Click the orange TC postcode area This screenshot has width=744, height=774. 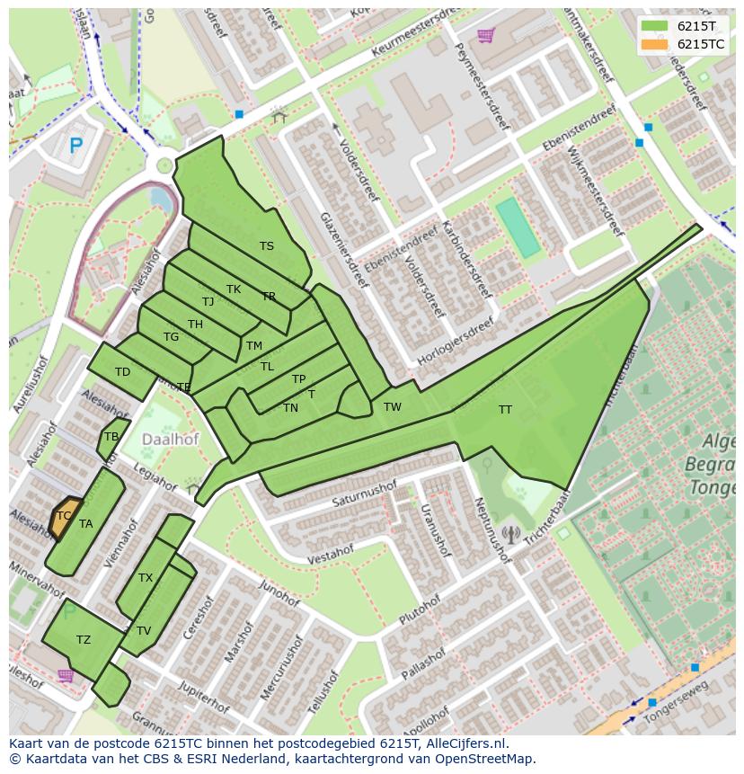64,517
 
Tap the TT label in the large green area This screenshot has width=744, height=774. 505,410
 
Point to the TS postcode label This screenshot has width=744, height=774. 267,246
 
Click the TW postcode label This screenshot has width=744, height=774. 393,407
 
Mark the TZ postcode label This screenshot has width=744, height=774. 84,640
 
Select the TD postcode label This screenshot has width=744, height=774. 122,372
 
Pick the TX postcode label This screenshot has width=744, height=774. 146,578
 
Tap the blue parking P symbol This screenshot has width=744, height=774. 76,145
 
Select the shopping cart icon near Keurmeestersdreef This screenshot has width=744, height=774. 486,35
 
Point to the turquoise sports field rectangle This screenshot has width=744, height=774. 518,228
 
